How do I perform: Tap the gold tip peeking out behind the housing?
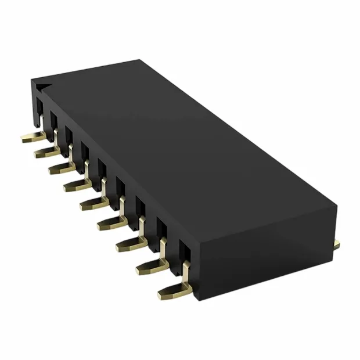coord(336,244)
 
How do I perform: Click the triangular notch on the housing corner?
coord(40,87)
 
